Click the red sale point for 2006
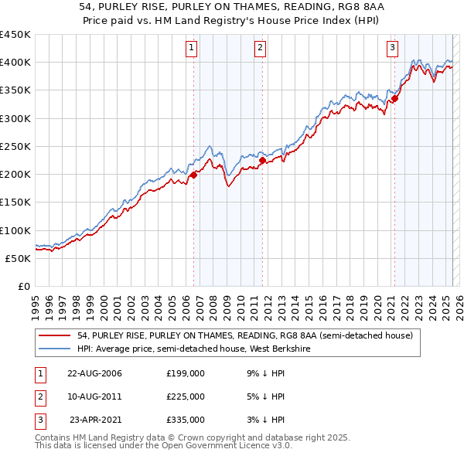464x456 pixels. (x=194, y=175)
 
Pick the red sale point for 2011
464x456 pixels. (x=262, y=161)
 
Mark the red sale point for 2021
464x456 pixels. (x=394, y=99)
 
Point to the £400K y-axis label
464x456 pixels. (x=15, y=63)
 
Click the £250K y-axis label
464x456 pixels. (x=15, y=146)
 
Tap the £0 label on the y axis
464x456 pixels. (x=23, y=286)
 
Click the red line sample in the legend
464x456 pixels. (x=56, y=335)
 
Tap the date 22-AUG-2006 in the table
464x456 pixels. (x=95, y=373)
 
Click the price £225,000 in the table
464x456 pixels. (x=186, y=396)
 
